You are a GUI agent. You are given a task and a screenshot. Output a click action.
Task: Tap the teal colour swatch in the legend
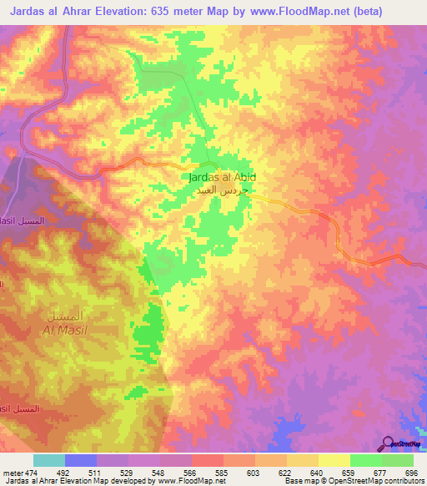pyautogui.click(x=49, y=460)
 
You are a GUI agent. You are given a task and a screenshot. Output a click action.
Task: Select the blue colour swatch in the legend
pyautogui.click(x=81, y=460)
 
